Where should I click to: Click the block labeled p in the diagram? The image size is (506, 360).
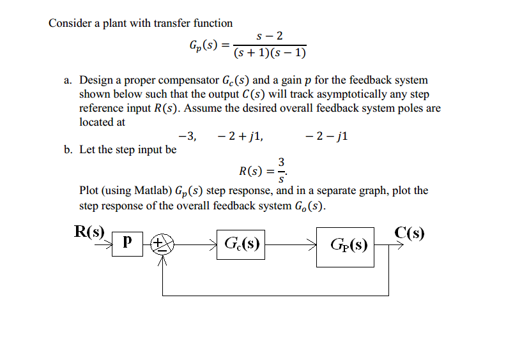click(127, 243)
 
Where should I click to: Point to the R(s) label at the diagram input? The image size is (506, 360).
click(89, 231)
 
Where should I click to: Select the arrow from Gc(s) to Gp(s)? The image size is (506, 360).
click(291, 243)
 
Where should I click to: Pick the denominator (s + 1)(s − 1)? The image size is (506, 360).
click(270, 53)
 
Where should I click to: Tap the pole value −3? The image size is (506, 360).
click(187, 135)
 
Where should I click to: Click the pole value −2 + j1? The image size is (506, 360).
click(240, 135)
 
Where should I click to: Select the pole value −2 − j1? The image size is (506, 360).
click(326, 135)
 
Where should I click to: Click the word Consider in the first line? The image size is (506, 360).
click(69, 23)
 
